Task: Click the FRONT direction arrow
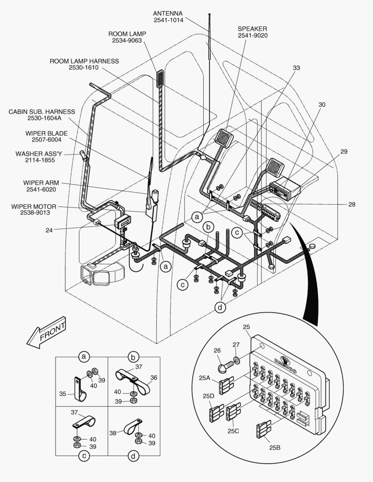point(46,333)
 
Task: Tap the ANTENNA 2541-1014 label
point(168,17)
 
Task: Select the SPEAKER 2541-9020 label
point(252,32)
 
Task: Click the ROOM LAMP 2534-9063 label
point(127,37)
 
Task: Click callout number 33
point(296,68)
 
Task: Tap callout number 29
point(343,152)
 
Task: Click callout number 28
point(352,204)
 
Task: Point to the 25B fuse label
point(275,448)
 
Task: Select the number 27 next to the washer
point(235,345)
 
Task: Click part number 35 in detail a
point(63,394)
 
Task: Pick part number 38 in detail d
point(113,432)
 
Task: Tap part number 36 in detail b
point(154,377)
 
